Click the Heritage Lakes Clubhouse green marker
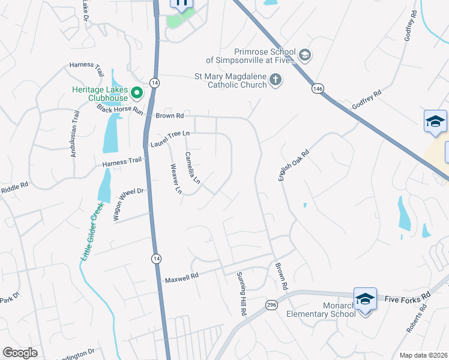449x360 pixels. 137,93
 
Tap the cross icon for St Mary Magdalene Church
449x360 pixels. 276,80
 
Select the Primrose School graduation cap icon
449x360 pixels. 304,56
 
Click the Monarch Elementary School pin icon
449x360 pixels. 365,299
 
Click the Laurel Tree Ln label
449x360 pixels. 170,139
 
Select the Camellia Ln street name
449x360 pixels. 192,167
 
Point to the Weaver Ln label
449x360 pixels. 176,179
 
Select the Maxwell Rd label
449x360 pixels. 182,278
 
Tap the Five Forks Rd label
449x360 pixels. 408,298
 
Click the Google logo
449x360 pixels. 20,353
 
